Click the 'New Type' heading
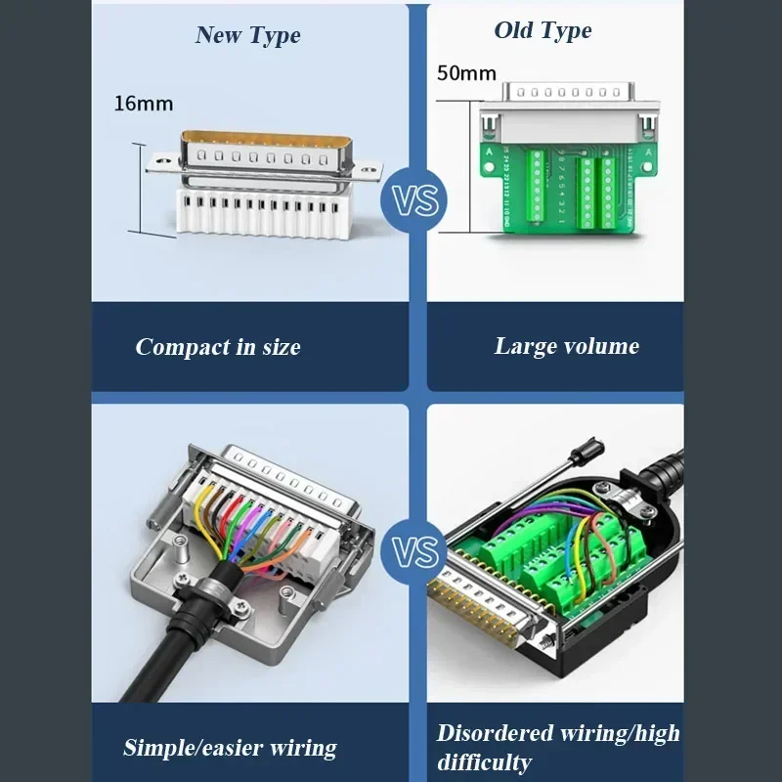tap(247, 35)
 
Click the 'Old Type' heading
tap(543, 30)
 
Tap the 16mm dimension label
tap(144, 103)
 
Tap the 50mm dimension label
tap(466, 72)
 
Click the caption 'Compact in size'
tap(218, 347)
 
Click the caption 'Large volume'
tap(566, 346)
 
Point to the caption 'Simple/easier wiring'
tap(230, 748)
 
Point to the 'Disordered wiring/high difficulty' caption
tap(558, 747)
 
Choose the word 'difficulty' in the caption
tap(484, 762)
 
